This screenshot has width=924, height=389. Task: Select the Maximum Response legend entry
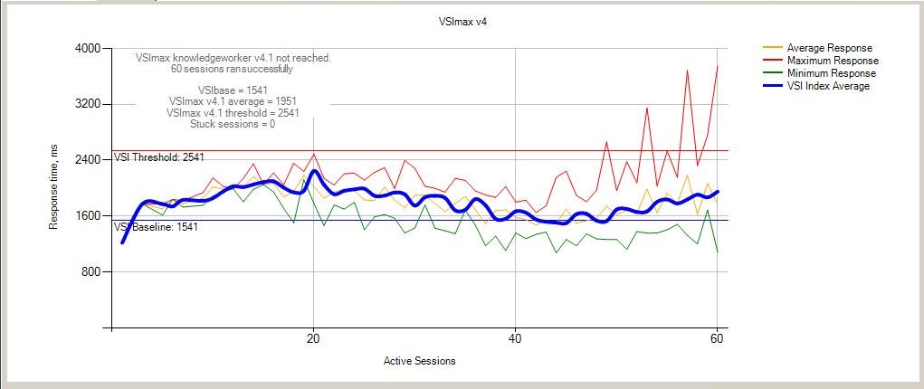point(820,61)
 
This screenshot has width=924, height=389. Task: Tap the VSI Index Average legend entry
point(816,86)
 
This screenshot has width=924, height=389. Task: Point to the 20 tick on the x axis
point(313,339)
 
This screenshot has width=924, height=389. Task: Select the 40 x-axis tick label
point(516,339)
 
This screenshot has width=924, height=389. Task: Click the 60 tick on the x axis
point(717,339)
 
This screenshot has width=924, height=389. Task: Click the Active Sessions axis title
point(419,361)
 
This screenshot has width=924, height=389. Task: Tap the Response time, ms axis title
point(53,188)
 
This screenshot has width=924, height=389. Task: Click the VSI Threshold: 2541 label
point(155,157)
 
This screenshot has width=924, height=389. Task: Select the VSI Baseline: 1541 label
point(156,226)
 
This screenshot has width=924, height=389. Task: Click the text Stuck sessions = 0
point(233,124)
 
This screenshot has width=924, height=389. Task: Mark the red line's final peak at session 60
point(717,65)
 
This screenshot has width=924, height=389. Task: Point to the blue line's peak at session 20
point(313,171)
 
